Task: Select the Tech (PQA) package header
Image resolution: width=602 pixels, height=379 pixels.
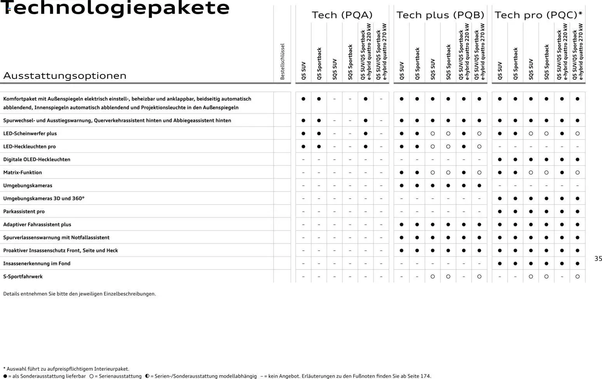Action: point(342,15)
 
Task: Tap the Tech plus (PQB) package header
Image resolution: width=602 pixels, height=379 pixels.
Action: point(440,15)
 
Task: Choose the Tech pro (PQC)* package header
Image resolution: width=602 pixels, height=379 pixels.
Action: point(538,15)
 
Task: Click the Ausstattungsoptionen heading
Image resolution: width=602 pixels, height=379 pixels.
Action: point(65,75)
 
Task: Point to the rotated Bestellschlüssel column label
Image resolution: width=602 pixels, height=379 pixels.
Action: point(282,61)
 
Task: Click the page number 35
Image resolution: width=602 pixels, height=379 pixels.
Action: point(598,259)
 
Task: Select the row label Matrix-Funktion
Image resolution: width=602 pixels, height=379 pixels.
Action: point(23,172)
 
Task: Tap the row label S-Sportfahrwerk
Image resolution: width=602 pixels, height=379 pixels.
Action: point(23,276)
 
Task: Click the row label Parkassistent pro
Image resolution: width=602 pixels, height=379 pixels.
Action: point(24,212)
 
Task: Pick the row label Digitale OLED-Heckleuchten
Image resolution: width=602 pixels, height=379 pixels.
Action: point(37,160)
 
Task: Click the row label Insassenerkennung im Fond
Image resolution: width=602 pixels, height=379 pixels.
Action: point(37,264)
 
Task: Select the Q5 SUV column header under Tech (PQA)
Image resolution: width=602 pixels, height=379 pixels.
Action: point(303,71)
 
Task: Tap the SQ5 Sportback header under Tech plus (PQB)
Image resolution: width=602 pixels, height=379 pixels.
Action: point(448,62)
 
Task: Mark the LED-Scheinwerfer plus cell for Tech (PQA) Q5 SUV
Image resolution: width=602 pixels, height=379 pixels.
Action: point(303,134)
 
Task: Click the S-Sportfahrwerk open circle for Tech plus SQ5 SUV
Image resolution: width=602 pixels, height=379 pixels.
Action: point(433,276)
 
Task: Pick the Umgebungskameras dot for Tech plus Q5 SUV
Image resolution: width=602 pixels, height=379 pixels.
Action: point(402,186)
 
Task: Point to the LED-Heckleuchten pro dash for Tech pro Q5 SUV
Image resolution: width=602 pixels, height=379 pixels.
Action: point(500,147)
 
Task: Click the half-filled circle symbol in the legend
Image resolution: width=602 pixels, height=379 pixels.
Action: point(147,376)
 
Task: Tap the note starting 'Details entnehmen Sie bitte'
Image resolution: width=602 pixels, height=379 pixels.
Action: point(80,294)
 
